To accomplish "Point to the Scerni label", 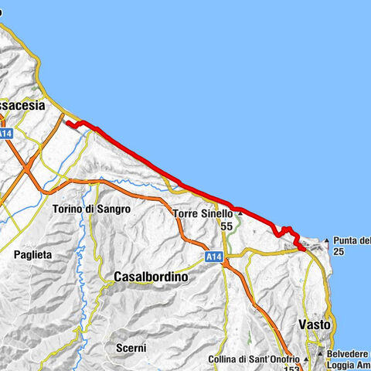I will click(x=131, y=349).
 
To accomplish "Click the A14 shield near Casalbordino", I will click(x=215, y=256).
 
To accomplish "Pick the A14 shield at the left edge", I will click(x=5, y=134).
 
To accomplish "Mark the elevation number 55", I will click(x=226, y=226).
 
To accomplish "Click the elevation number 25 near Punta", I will click(x=339, y=252).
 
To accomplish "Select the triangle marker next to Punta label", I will click(x=326, y=240).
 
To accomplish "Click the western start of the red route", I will click(x=67, y=122).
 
